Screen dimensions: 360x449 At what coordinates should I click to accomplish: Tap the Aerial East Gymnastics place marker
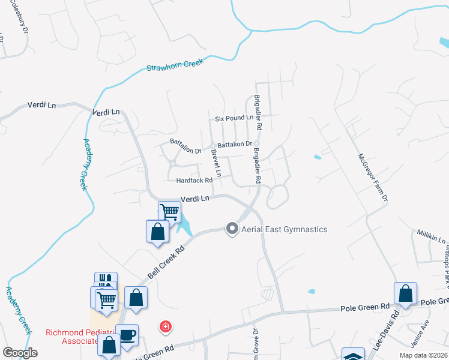(232, 229)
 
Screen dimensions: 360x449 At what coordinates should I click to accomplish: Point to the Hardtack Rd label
(194, 180)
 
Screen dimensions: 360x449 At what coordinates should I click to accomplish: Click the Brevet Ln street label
(215, 163)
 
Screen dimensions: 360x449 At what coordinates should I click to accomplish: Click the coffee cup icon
(128, 334)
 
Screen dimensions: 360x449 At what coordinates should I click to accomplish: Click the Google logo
(20, 352)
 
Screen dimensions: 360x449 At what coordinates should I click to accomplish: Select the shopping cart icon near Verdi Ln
(170, 212)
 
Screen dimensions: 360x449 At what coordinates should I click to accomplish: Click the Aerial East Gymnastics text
(284, 229)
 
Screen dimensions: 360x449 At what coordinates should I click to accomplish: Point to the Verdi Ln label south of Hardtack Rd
(194, 199)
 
